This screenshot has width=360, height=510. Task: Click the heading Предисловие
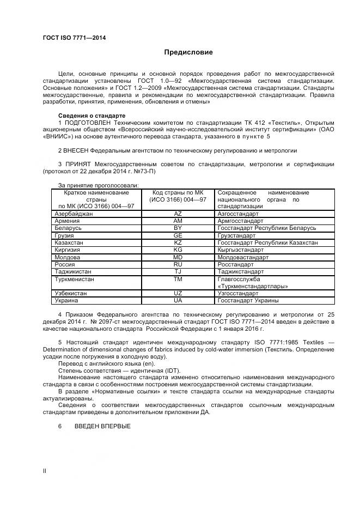pos(188,53)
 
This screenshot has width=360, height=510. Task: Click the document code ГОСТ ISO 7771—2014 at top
pos(74,38)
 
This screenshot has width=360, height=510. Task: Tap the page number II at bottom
pos(45,470)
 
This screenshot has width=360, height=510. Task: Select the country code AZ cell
pos(178,214)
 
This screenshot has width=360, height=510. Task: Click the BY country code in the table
pos(178,228)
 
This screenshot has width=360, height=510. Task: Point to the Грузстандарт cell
pos(236,235)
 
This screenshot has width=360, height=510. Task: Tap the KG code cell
pos(178,250)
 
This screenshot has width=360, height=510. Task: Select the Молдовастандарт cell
pos(243,257)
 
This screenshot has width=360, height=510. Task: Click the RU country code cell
pos(178,264)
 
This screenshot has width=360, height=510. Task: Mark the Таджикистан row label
pos(73,271)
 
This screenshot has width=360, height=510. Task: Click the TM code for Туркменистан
pos(178,278)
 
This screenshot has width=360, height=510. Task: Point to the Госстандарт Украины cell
pos(248,300)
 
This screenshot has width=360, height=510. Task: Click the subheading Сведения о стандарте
pos(91,116)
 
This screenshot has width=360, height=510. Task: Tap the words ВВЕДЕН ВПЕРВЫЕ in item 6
pos(102,426)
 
